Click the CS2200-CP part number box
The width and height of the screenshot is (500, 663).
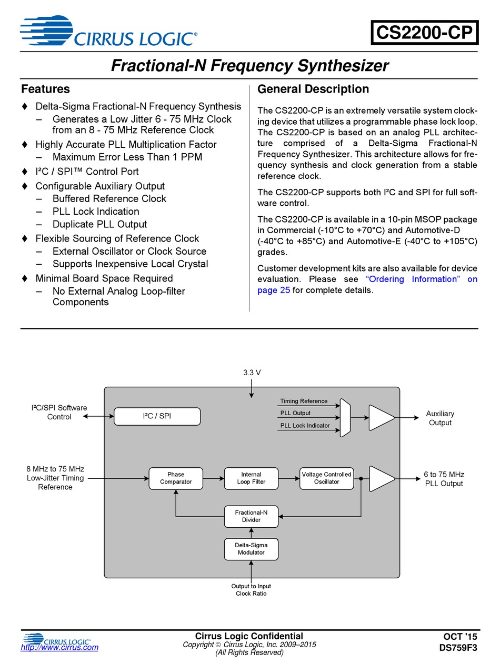[x=424, y=32]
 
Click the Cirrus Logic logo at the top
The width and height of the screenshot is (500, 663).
[x=108, y=31]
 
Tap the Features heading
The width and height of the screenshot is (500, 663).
[x=45, y=89]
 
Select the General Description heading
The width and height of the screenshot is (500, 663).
[x=313, y=89]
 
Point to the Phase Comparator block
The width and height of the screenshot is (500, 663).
[x=176, y=478]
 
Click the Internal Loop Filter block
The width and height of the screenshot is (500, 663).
[x=251, y=478]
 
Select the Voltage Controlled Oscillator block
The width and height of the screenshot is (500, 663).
[x=326, y=478]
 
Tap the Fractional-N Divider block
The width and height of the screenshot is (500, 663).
[x=251, y=516]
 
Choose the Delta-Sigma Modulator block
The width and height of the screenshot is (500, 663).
[x=251, y=549]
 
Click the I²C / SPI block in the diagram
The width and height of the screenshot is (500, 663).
[x=157, y=416]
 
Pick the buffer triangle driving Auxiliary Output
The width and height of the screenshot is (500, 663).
[x=382, y=417]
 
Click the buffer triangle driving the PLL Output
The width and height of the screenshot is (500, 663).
[x=382, y=478]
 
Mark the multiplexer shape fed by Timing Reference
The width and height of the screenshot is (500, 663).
[x=345, y=417]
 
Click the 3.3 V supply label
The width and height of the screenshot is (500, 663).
[x=252, y=373]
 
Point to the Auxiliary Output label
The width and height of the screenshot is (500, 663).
[x=440, y=418]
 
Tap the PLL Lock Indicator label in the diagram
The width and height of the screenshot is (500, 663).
[x=305, y=425]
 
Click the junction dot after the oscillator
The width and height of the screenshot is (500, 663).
[x=361, y=478]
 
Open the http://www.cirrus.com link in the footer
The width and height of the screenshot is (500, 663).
[x=59, y=647]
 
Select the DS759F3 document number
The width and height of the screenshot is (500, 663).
[x=458, y=648]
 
